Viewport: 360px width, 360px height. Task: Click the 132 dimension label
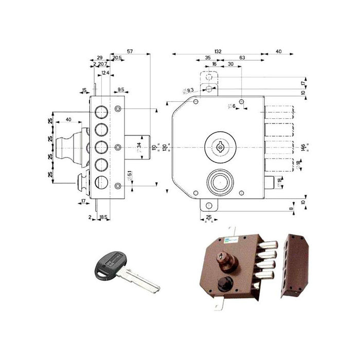pyautogui.click(x=218, y=51)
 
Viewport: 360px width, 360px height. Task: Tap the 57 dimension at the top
pyautogui.click(x=130, y=51)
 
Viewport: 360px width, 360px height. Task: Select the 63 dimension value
pyautogui.click(x=241, y=58)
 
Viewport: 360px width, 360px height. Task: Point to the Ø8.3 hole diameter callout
pyautogui.click(x=187, y=91)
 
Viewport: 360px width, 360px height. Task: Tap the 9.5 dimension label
pyautogui.click(x=120, y=90)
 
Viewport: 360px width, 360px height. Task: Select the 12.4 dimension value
pyautogui.click(x=105, y=74)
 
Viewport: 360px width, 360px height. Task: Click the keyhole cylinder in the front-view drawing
pyautogui.click(x=220, y=147)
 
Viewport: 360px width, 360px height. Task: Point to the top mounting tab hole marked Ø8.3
pyautogui.click(x=209, y=89)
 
